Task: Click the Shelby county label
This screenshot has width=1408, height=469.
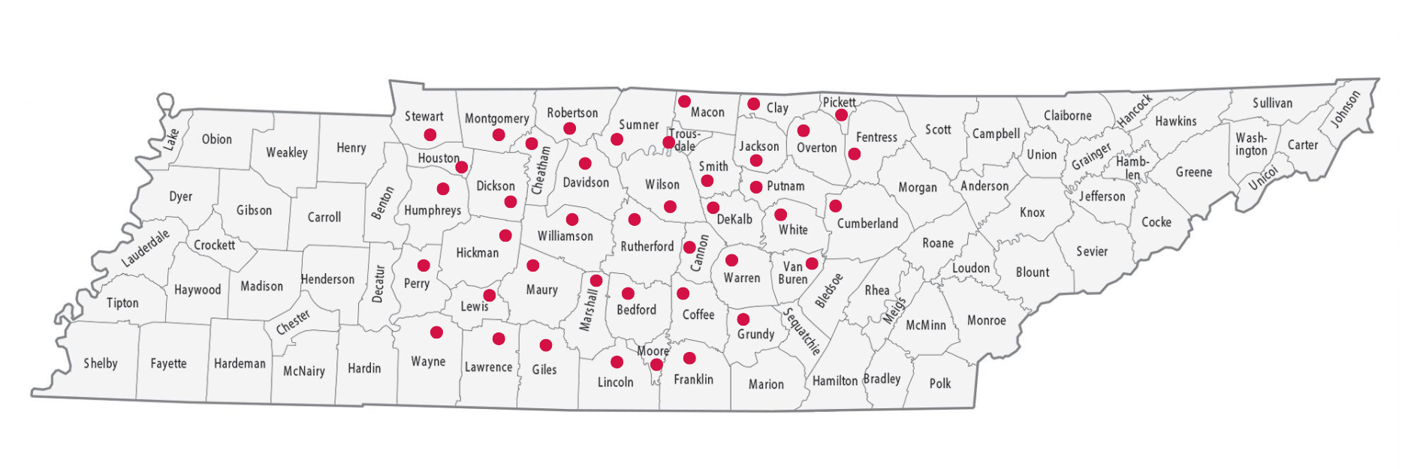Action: click(101, 364)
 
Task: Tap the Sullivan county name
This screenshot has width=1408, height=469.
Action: click(1272, 104)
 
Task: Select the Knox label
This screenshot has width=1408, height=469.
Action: click(1033, 213)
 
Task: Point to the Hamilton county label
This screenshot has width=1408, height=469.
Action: click(834, 381)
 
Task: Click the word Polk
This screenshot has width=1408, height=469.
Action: click(940, 384)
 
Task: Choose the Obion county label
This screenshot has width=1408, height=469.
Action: click(216, 140)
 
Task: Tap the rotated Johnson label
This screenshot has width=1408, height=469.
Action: click(1346, 110)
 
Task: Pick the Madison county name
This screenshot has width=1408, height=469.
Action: click(261, 287)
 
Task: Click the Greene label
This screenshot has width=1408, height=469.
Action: click(1194, 173)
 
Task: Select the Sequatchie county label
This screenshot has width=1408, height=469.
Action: click(802, 331)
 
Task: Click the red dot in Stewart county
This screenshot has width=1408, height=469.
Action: click(430, 135)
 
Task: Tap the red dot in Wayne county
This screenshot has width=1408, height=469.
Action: click(436, 332)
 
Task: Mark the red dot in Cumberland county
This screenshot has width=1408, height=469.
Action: click(835, 206)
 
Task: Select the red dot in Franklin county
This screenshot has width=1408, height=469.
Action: click(689, 358)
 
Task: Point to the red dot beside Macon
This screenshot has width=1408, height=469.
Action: click(684, 101)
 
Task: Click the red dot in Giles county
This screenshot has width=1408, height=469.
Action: click(546, 345)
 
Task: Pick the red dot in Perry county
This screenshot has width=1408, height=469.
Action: click(424, 266)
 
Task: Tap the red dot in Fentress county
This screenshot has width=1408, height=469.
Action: click(854, 154)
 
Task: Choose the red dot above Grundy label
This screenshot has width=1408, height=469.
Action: click(743, 320)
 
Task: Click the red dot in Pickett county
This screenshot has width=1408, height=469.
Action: click(841, 115)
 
